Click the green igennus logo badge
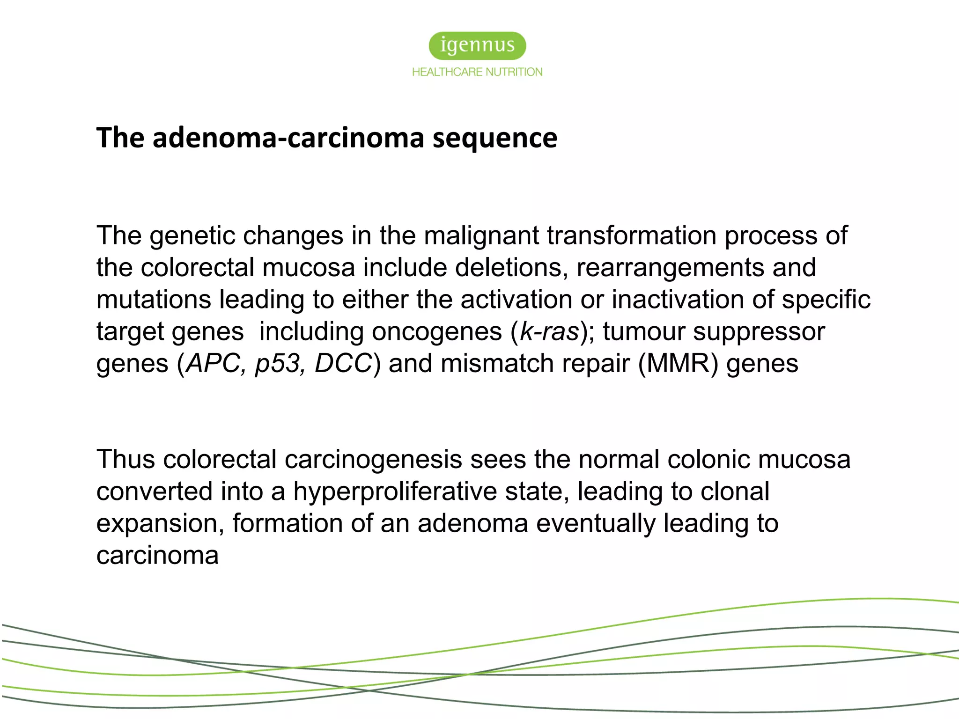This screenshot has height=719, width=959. click(477, 46)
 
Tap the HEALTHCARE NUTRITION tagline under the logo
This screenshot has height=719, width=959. click(477, 72)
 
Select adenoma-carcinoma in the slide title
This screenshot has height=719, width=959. click(288, 138)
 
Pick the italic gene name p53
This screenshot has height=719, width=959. click(277, 364)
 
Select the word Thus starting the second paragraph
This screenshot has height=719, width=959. click(125, 459)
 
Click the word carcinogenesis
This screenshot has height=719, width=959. click(373, 459)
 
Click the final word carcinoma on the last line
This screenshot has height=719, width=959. click(157, 556)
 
